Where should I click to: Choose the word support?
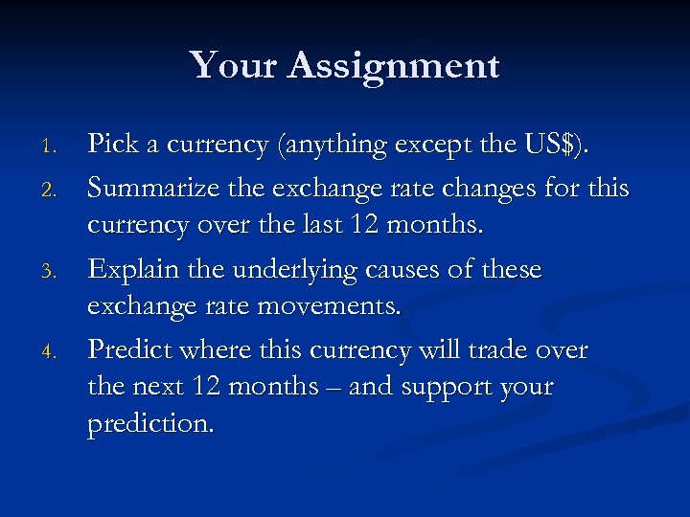click(449, 388)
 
